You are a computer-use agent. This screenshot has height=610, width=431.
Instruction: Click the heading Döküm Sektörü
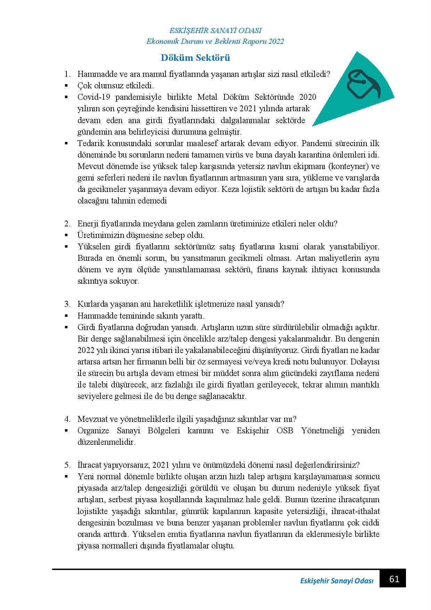(x=195, y=58)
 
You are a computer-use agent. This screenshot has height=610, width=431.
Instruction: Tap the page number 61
(x=394, y=579)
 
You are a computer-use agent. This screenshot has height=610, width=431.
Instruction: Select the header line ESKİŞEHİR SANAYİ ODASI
(x=215, y=31)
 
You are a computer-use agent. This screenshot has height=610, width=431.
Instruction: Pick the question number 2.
(x=67, y=224)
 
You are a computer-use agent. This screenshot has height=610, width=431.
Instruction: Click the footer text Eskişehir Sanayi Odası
(x=336, y=581)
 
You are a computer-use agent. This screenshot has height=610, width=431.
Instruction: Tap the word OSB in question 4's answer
(x=285, y=431)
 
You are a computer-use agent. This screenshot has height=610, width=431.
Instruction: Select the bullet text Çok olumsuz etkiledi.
(x=115, y=86)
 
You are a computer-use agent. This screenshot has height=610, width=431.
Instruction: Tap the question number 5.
(x=67, y=465)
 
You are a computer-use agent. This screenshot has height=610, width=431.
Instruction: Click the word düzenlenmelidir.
(x=106, y=442)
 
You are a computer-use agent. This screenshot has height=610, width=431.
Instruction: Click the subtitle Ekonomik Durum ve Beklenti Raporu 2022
(x=215, y=41)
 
